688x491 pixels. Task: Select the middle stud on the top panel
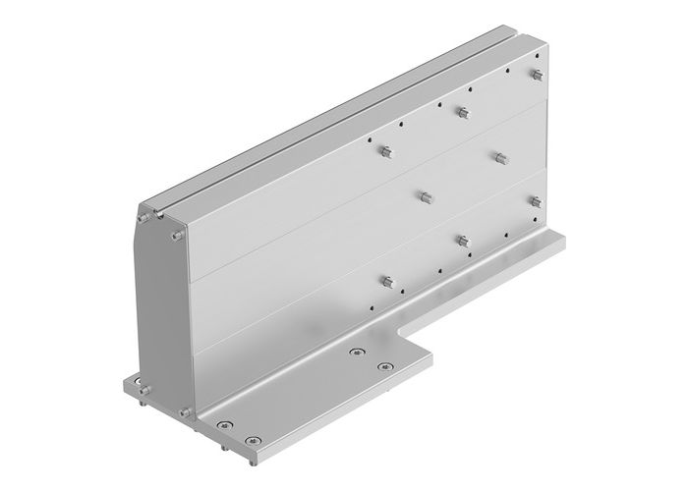[463, 112]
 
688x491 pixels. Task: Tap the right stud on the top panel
[539, 75]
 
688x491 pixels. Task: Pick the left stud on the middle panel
[425, 196]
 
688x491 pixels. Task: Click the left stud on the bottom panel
[387, 282]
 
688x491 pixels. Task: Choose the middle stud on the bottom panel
[462, 241]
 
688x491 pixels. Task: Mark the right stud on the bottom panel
[537, 201]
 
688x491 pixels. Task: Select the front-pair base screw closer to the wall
[225, 423]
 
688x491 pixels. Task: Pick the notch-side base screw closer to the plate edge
[383, 367]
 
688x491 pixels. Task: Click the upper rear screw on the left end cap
[144, 215]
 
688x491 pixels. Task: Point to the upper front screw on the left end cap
[175, 237]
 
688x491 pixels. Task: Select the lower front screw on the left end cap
[182, 413]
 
